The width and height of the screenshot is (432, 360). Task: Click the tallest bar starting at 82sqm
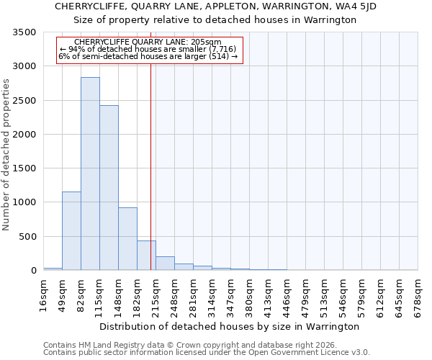click(x=90, y=174)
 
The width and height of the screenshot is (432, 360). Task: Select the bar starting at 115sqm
click(x=109, y=188)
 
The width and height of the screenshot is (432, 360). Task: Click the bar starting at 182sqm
click(x=146, y=256)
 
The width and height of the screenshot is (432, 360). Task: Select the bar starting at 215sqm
click(x=165, y=264)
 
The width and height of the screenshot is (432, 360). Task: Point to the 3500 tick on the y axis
click(x=25, y=33)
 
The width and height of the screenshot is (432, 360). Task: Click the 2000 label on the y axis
click(x=25, y=135)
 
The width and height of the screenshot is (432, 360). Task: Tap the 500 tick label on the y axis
click(x=28, y=237)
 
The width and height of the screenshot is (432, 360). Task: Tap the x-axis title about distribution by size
click(x=230, y=326)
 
